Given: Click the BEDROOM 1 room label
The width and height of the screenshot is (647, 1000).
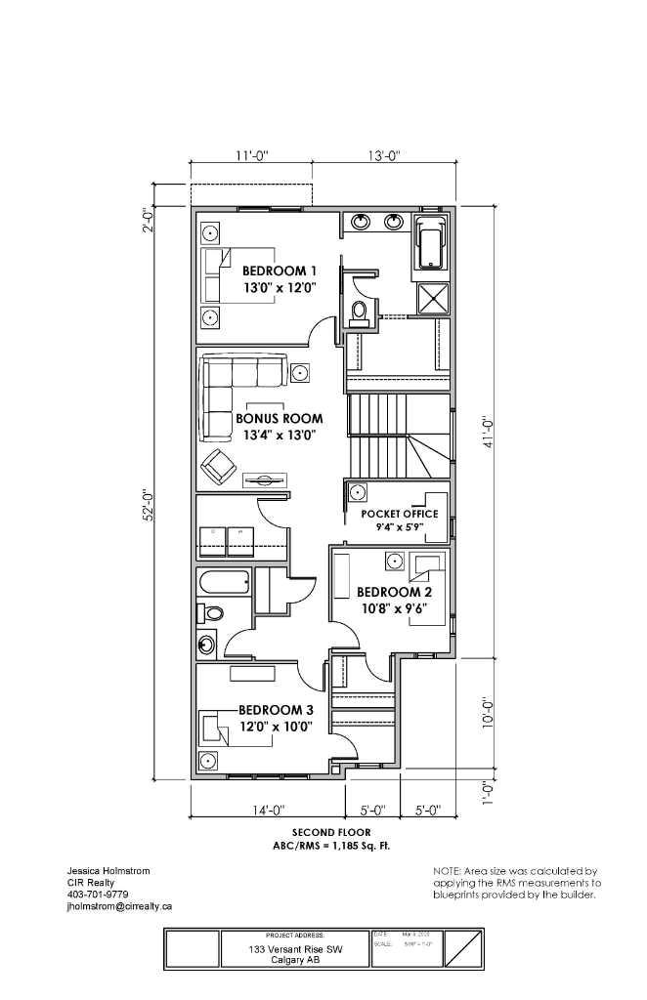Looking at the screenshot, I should (280, 271).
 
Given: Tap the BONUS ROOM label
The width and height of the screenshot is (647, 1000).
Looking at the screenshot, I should (279, 418).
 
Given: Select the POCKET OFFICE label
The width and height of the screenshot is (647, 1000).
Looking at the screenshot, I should (400, 514).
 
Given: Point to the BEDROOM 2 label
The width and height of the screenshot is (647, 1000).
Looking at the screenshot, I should (394, 592).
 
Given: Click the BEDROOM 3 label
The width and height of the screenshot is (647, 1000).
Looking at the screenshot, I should (277, 710).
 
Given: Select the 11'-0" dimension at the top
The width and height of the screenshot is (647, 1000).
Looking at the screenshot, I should (251, 155).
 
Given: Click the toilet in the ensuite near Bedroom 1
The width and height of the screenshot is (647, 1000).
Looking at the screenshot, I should (359, 312).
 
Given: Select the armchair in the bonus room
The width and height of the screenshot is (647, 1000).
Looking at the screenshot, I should (219, 469).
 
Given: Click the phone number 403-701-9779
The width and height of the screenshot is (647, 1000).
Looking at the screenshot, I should (97, 894).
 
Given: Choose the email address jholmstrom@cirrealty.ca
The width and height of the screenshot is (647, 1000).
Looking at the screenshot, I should (119, 905).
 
